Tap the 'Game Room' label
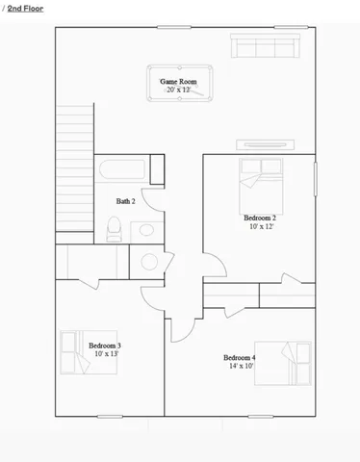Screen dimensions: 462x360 click(178, 82)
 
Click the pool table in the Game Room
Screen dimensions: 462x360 click(179, 85)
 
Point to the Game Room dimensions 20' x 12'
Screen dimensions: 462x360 click(178, 90)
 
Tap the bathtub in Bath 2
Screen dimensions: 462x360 click(122, 169)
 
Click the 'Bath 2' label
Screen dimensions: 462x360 click(126, 201)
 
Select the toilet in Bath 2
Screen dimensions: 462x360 click(114, 228)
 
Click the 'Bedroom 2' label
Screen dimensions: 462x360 click(260, 218)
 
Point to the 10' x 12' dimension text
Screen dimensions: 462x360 click(260, 227)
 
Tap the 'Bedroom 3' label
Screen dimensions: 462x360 click(104, 345)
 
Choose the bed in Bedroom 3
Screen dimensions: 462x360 click(71, 353)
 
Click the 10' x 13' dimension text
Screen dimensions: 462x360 click(104, 353)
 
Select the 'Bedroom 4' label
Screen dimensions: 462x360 click(240, 357)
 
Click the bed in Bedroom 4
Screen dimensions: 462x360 click(283, 363)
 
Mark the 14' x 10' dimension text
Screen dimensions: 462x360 click(240, 366)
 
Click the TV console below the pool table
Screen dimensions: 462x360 click(264, 145)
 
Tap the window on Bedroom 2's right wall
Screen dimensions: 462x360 click(316, 183)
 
